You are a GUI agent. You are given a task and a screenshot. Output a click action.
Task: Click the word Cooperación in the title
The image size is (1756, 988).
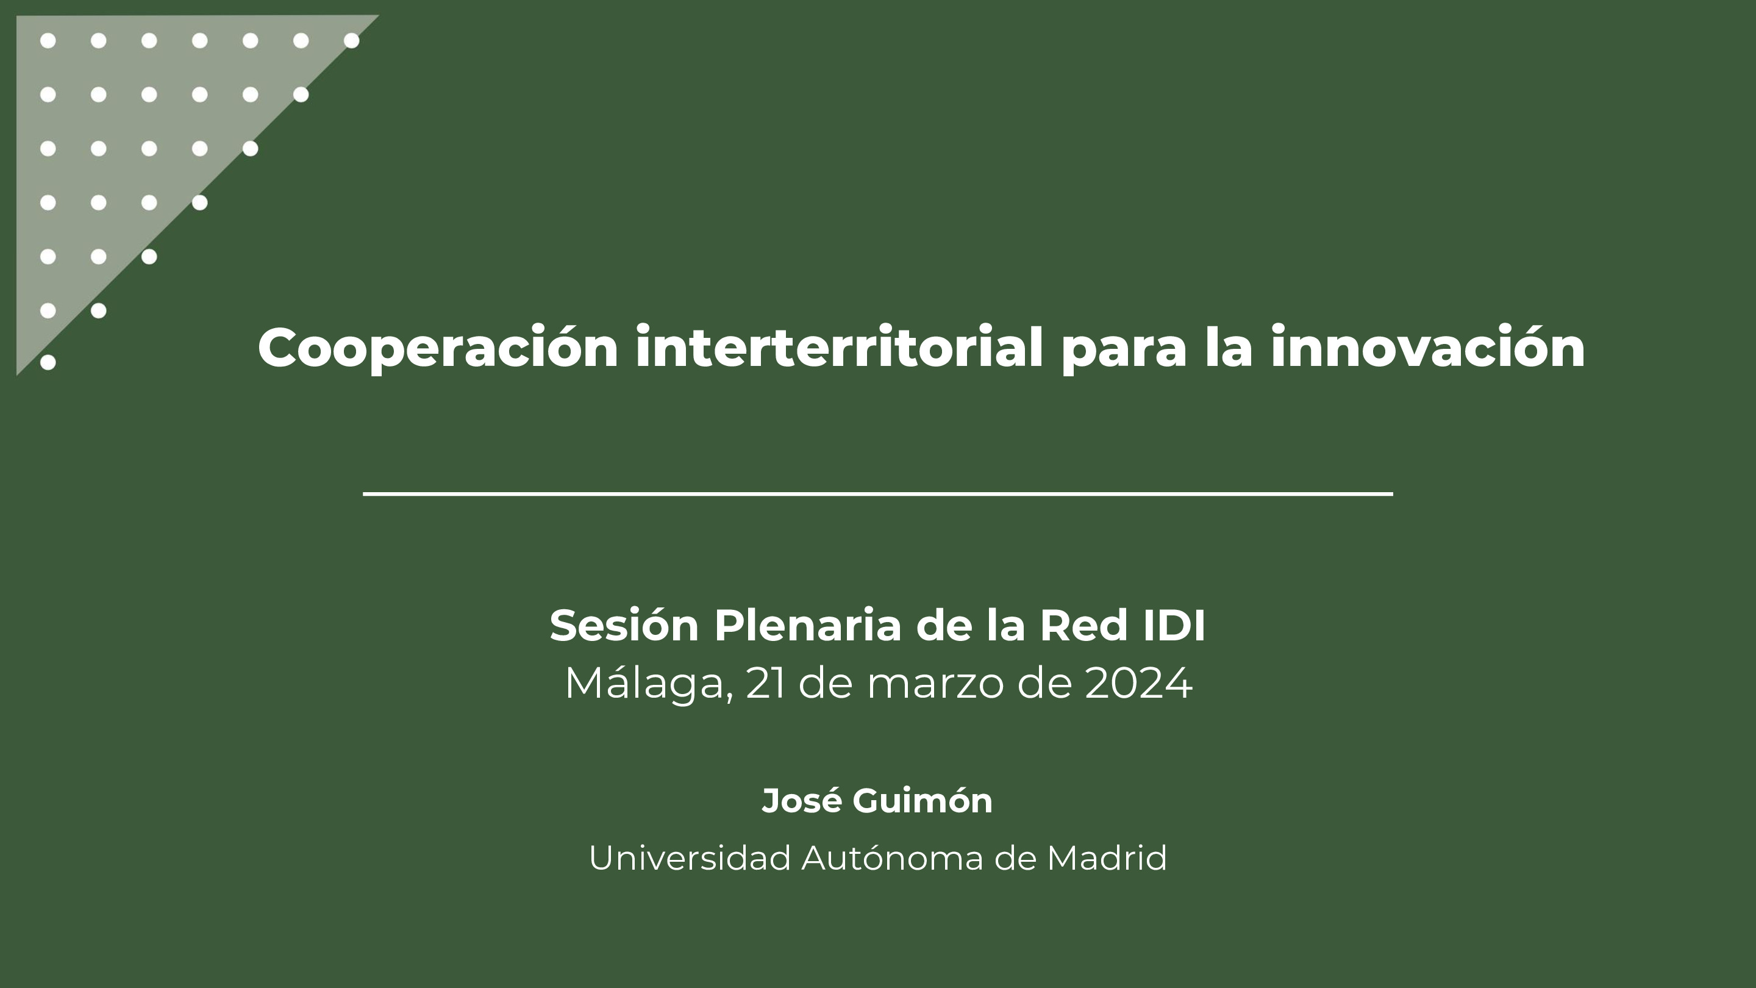tap(438, 348)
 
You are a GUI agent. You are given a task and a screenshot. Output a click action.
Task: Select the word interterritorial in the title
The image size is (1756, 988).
tap(838, 348)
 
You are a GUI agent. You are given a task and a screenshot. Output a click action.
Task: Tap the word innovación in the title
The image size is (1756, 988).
tap(1427, 348)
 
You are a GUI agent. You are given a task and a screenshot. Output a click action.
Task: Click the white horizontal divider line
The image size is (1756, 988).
tap(878, 493)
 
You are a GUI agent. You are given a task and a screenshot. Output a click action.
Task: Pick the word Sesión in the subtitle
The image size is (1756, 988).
tap(624, 625)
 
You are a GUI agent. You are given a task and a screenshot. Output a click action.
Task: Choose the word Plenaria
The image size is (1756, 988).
tap(808, 625)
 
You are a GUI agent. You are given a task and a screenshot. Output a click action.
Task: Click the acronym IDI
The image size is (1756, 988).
tap(1174, 625)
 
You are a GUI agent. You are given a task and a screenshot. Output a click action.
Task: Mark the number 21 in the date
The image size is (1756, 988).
tap(765, 683)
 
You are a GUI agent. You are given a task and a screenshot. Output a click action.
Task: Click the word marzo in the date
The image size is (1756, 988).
tap(935, 683)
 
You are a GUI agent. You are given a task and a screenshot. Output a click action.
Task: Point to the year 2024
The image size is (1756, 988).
tap(1138, 683)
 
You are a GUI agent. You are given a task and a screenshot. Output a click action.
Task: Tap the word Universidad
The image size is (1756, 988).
tap(690, 857)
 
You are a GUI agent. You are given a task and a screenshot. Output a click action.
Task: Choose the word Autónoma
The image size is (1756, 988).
tap(891, 857)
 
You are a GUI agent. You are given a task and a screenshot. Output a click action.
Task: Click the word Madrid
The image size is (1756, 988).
tap(1107, 857)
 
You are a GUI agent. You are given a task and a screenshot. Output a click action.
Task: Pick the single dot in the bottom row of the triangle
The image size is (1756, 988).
tap(48, 362)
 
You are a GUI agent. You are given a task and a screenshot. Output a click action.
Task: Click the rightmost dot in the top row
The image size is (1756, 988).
tap(352, 41)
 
